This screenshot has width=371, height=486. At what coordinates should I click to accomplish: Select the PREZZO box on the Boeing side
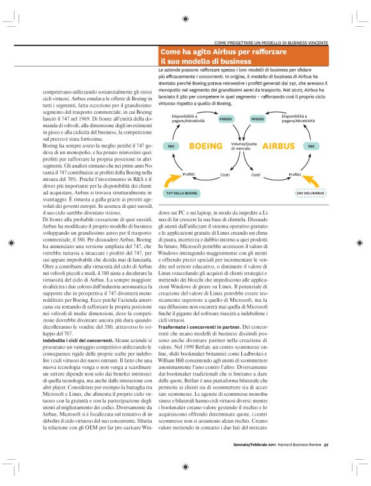tap(226, 119)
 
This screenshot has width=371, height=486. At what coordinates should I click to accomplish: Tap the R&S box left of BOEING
tap(171, 146)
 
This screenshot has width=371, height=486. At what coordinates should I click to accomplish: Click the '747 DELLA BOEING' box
tap(182, 192)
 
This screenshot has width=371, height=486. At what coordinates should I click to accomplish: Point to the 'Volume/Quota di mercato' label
tap(242, 146)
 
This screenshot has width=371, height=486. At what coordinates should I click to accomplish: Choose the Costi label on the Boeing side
tap(225, 174)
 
